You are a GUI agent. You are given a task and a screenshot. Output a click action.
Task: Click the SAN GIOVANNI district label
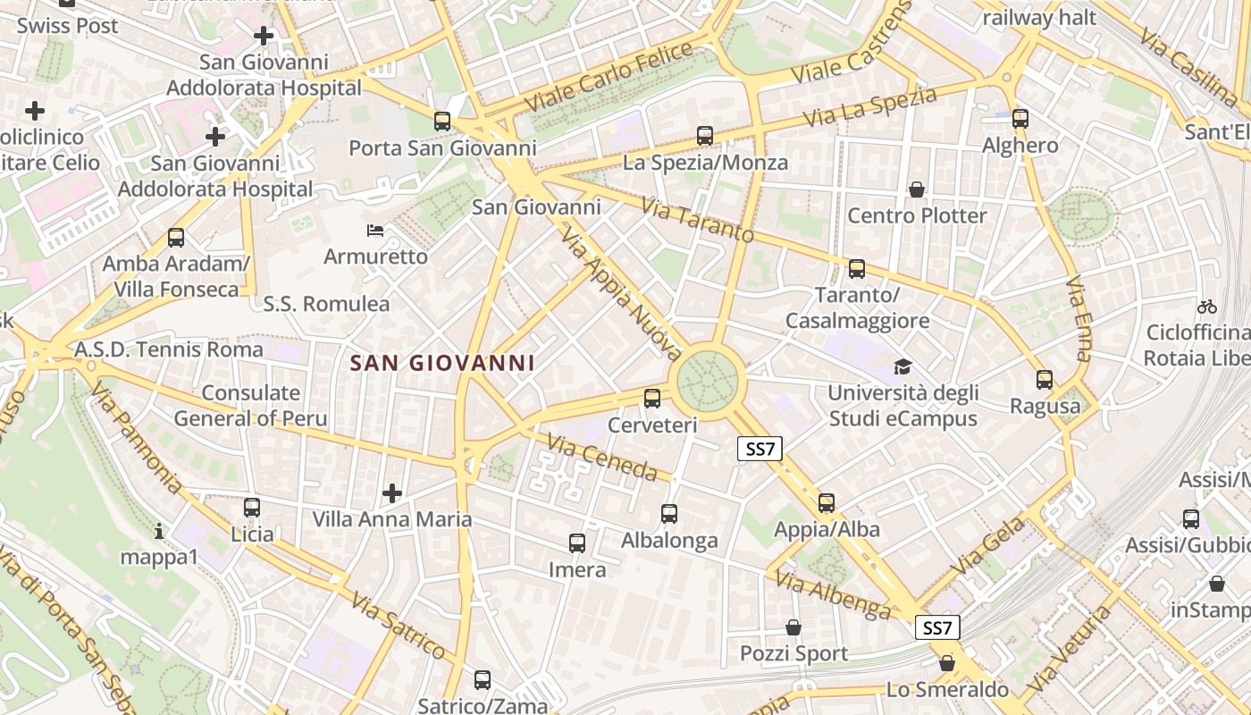[x=442, y=363]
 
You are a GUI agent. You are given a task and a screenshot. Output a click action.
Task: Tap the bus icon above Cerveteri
[x=652, y=399]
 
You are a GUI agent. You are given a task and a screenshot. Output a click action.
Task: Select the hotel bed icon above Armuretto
[x=376, y=231]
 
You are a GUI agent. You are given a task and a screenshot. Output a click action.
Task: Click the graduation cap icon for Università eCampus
[x=903, y=367]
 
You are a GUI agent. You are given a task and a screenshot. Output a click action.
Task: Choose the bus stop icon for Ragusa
[x=1045, y=380]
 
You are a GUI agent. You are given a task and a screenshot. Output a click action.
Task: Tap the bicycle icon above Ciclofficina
[x=1207, y=307]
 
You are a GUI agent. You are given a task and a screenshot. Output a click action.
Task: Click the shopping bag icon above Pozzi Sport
[x=793, y=627]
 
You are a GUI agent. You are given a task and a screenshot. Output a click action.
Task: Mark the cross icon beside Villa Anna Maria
[x=391, y=492]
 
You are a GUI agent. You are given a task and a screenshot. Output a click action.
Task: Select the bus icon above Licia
[x=252, y=508]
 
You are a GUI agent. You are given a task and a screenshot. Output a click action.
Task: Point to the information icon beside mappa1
[x=159, y=532]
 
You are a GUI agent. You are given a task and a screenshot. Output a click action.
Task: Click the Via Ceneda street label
[x=602, y=458]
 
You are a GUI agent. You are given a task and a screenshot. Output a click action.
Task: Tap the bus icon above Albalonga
[x=669, y=514]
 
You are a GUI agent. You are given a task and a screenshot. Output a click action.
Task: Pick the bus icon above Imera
[x=577, y=543]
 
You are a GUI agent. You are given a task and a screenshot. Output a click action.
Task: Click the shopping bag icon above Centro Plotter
[x=917, y=189]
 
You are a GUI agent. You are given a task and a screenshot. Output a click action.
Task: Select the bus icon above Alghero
[x=1020, y=118]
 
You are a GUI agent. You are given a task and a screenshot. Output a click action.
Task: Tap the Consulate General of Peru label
[x=250, y=406]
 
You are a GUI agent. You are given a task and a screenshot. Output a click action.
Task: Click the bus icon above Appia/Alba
[x=827, y=503]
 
